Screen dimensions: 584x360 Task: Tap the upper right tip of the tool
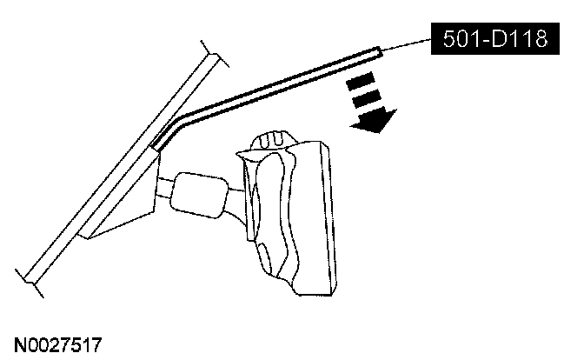click(378, 52)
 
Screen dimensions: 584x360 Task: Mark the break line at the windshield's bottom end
click(32, 273)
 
